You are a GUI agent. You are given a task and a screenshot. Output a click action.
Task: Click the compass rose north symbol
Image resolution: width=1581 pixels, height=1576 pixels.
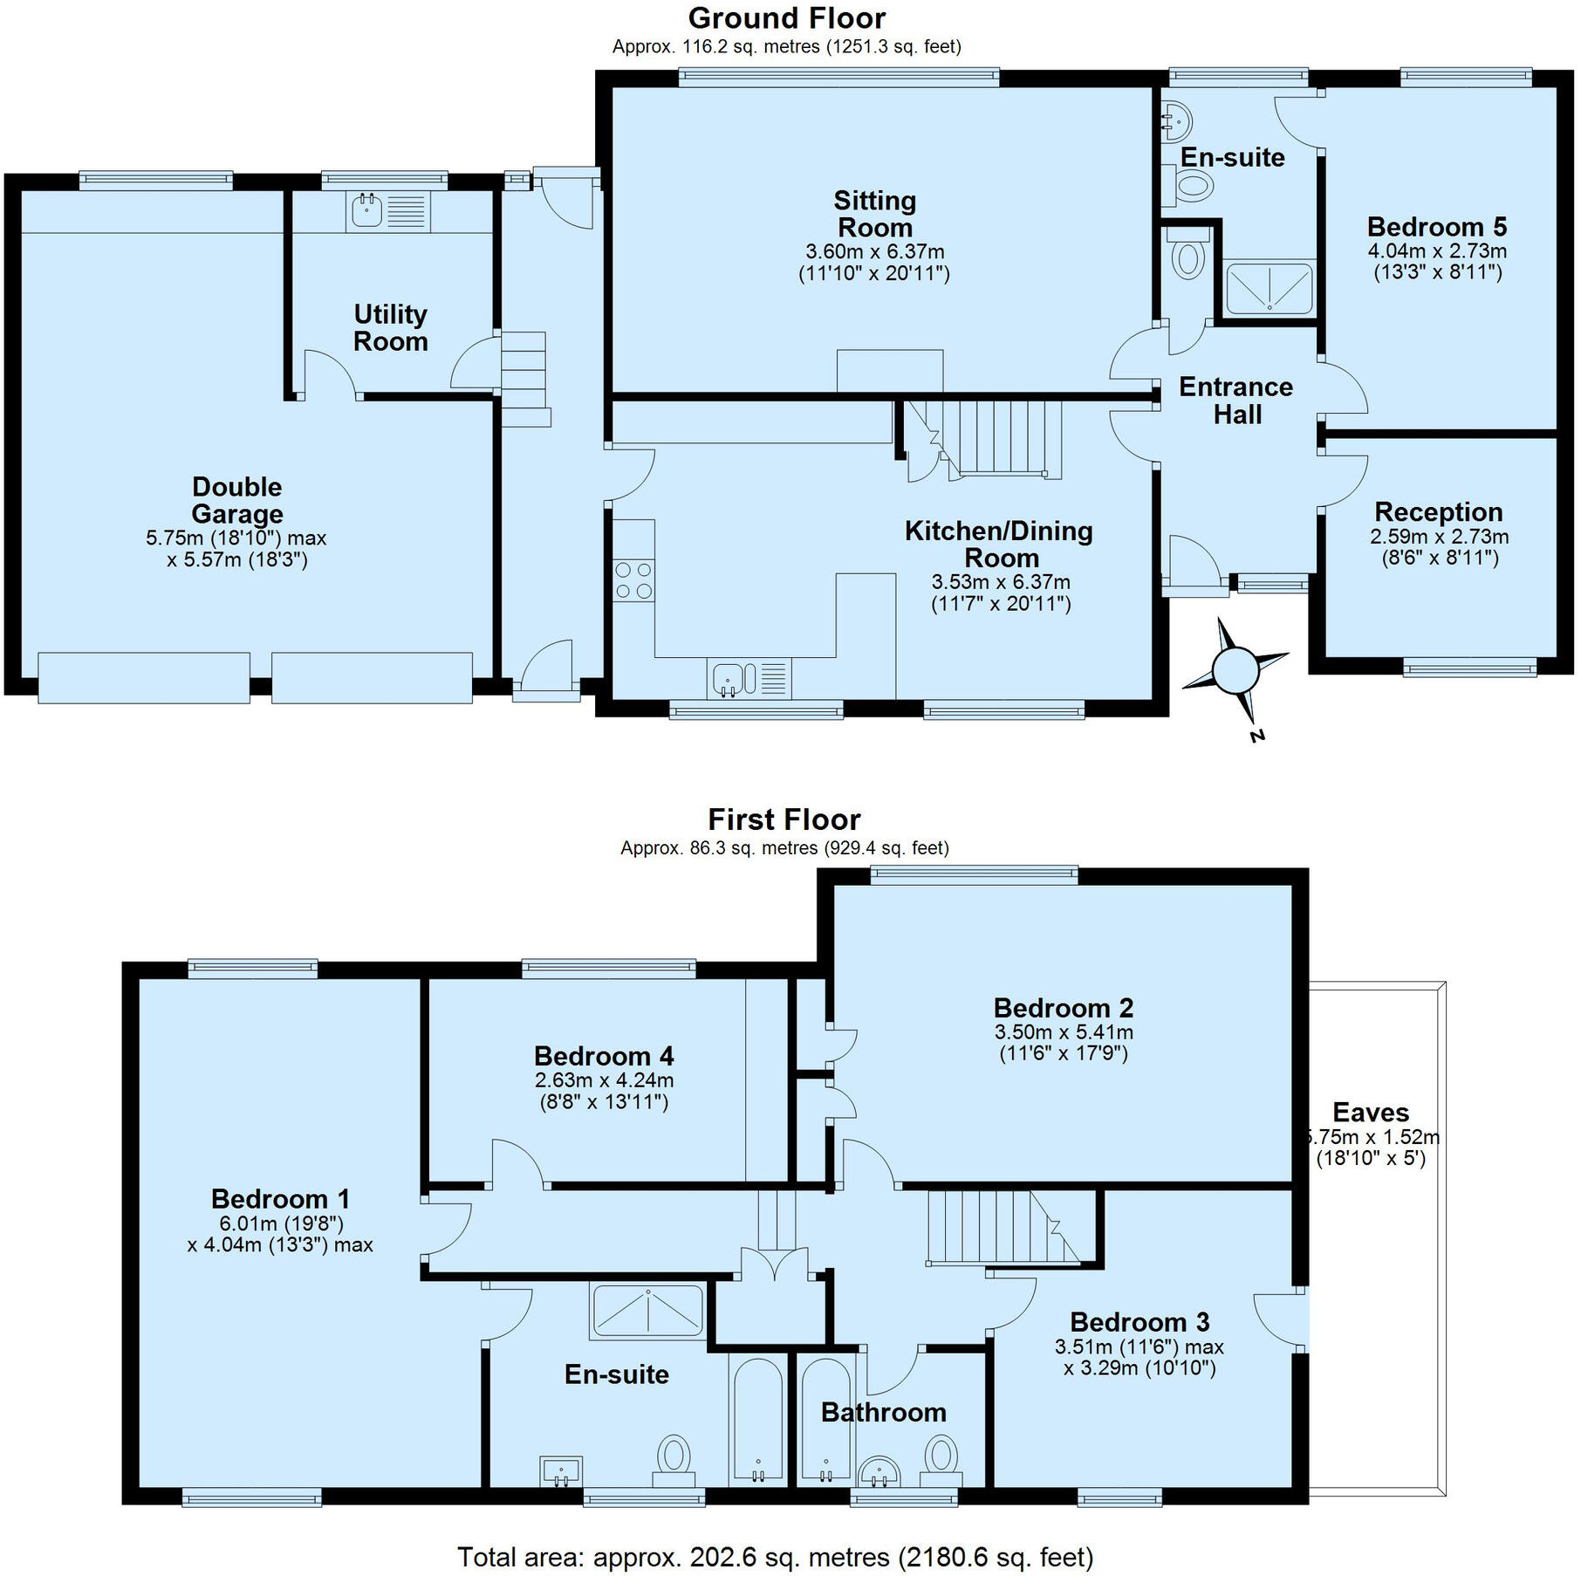tap(1235, 669)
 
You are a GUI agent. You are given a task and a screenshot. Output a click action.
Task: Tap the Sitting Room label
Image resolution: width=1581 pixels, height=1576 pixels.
tap(874, 214)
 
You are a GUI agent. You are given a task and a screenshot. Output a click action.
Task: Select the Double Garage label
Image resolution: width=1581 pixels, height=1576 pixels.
tap(236, 500)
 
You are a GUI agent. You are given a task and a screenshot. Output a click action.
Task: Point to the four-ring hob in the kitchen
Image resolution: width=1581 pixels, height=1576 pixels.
tap(633, 580)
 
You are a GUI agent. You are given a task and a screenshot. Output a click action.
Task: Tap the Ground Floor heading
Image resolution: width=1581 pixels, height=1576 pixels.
tap(786, 18)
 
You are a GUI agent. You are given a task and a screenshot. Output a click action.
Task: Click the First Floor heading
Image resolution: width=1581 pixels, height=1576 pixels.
tap(784, 819)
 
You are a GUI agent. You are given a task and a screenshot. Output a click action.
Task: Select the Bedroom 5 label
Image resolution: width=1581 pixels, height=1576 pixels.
tap(1436, 227)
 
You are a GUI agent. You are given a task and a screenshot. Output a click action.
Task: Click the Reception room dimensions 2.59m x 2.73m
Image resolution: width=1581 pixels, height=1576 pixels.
tap(1439, 536)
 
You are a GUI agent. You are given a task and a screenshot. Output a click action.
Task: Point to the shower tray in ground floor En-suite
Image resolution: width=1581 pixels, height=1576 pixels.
tap(1269, 289)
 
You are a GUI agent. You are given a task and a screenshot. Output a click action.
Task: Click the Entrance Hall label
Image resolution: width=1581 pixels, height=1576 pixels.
tap(1236, 401)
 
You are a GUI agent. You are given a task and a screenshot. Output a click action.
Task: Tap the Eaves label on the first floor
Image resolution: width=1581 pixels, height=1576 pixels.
tap(1371, 1113)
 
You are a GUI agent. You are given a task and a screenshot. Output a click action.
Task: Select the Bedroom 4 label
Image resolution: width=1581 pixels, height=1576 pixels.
tap(604, 1056)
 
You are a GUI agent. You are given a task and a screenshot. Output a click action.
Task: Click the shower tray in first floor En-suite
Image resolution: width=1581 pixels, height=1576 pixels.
tap(647, 1311)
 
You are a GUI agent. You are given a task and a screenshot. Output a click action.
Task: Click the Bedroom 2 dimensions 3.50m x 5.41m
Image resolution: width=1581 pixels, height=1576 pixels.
tap(1063, 1032)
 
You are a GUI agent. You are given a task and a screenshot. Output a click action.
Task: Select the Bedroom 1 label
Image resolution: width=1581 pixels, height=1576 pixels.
tap(280, 1198)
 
